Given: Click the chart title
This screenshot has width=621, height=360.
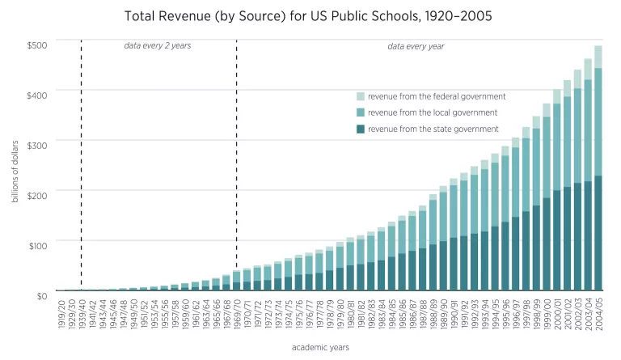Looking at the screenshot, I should click(310, 15).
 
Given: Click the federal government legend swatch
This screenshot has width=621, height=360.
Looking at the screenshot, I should click(361, 96).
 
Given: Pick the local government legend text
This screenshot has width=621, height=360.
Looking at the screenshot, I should click(432, 112).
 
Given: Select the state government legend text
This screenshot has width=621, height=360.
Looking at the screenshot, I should click(433, 129).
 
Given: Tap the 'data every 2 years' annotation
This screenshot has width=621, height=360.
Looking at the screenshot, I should click(157, 46).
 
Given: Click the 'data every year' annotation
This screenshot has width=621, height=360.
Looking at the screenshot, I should click(416, 46).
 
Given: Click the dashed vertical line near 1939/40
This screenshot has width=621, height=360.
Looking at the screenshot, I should click(82, 162).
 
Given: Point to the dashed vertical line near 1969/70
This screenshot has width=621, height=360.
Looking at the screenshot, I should click(236, 162).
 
